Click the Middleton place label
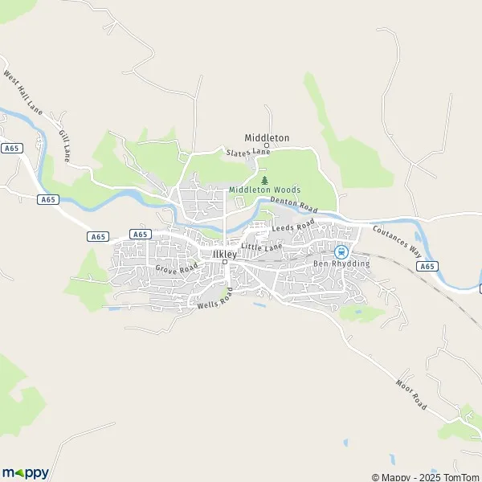pyautogui.click(x=267, y=137)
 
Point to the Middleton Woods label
pyautogui.click(x=264, y=190)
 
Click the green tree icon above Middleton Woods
pyautogui.click(x=265, y=181)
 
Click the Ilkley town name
pyautogui.click(x=225, y=253)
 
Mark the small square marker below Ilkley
pyautogui.click(x=225, y=262)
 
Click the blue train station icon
pyautogui.click(x=341, y=251)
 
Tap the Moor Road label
pyautogui.click(x=411, y=394)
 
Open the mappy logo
pyautogui.click(x=25, y=472)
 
